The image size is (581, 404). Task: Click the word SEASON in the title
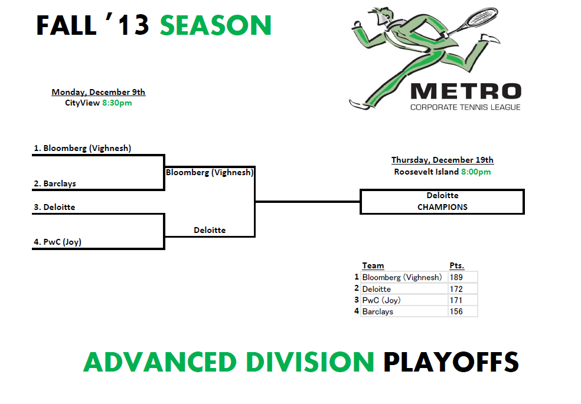(x=216, y=25)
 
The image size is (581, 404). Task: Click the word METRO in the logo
(x=466, y=91)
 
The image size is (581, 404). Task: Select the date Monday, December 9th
(x=98, y=92)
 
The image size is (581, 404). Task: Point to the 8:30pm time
(x=117, y=103)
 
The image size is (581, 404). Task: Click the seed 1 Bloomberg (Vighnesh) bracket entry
(x=83, y=149)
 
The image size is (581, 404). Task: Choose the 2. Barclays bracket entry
(x=55, y=183)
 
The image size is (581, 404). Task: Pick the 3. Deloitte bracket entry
(x=54, y=207)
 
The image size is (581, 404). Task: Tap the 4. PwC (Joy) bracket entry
(x=57, y=242)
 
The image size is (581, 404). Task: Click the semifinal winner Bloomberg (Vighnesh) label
(x=210, y=172)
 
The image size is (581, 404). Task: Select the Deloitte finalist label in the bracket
(x=210, y=230)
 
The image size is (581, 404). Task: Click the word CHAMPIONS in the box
(x=442, y=207)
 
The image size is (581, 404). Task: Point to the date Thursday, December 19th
(x=442, y=160)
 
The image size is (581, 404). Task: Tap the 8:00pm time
(x=476, y=172)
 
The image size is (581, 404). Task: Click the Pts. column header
(x=457, y=265)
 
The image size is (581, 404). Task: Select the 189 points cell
(x=456, y=277)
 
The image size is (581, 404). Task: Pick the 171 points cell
(x=456, y=300)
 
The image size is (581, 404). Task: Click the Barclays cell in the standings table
(x=377, y=312)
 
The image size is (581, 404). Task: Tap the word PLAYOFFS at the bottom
(x=451, y=362)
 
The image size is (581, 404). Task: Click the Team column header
(x=373, y=265)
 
